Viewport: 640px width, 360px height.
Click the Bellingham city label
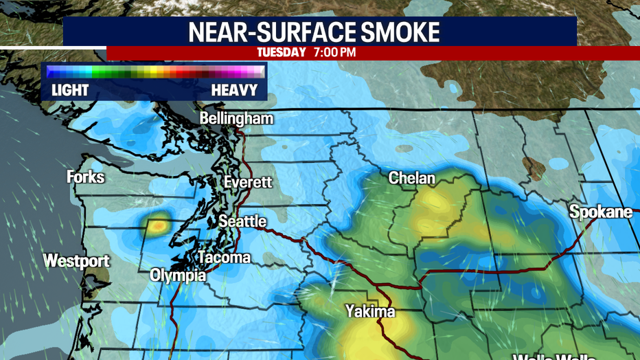coord(236,119)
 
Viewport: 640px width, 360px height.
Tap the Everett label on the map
coord(248,182)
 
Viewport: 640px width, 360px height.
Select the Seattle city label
coord(242,221)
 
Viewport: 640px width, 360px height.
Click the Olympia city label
coord(178,275)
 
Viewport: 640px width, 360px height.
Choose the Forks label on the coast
coord(86,177)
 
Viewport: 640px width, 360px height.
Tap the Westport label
coord(76,261)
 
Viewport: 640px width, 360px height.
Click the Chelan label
coord(412,178)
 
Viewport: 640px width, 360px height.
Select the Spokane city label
coord(601,212)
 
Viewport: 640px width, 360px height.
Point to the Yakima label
coord(370,311)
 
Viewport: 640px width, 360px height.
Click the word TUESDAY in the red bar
coord(282,52)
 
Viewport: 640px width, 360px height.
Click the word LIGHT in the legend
coord(70,90)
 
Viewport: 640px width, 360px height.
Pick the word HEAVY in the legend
coord(235,90)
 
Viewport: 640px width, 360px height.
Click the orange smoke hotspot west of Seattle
coord(159,224)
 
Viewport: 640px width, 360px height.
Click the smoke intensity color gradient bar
coord(155,71)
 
